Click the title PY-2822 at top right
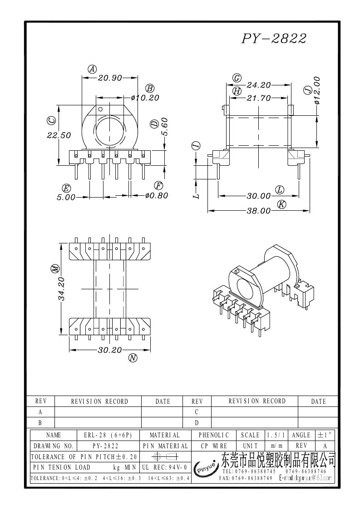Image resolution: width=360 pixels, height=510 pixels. (x=274, y=39)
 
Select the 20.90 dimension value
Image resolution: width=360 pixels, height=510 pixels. (x=110, y=78)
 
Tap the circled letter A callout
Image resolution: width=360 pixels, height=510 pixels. (x=92, y=69)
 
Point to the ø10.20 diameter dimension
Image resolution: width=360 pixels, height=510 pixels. (x=144, y=98)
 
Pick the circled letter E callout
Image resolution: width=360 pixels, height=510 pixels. (x=66, y=188)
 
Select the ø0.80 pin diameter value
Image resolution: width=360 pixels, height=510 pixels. (x=157, y=195)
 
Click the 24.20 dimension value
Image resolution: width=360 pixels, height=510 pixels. (x=259, y=85)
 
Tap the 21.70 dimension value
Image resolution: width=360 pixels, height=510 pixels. (x=259, y=98)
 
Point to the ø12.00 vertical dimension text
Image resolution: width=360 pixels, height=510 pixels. (x=317, y=91)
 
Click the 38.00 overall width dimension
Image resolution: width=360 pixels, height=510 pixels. (x=259, y=211)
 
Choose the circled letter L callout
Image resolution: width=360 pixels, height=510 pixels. (x=280, y=189)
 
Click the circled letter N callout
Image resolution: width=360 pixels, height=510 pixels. (x=133, y=358)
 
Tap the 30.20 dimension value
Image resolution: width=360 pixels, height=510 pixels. (x=110, y=350)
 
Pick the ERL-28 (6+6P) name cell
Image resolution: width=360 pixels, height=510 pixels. (x=108, y=435)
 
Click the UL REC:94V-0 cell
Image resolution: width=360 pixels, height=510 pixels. (x=164, y=467)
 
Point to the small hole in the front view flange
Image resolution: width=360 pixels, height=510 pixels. (x=101, y=109)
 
